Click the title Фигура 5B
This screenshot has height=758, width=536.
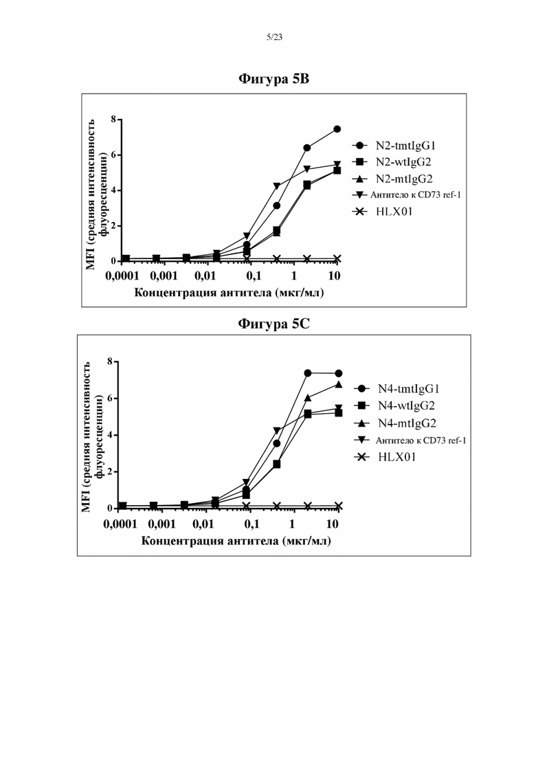[274, 79]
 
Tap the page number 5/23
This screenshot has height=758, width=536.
[274, 38]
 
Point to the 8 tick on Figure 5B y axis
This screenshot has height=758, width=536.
[113, 120]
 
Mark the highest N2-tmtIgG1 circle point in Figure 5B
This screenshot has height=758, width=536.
[337, 129]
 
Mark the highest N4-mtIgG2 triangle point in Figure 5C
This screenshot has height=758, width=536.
[339, 384]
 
